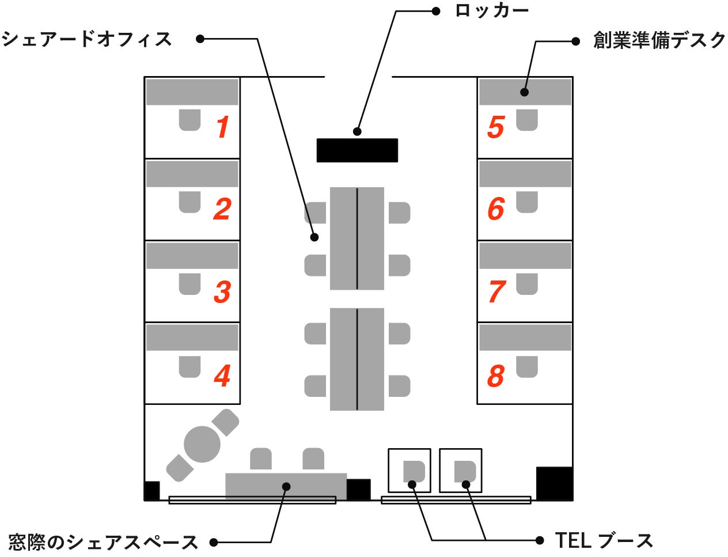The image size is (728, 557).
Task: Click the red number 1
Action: pos(223,127)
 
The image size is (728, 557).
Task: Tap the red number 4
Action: pos(222,376)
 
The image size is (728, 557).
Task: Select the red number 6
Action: pos(496,209)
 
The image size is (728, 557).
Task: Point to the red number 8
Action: pos(496,376)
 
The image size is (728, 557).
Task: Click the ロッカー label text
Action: pos(491,10)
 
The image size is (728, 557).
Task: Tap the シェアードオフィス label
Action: pos(86,39)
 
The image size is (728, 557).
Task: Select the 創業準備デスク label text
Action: pos(659,40)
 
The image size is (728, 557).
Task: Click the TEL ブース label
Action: pos(604,540)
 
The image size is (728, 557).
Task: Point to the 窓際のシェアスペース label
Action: pos(103,542)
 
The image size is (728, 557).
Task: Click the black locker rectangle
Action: pos(357,150)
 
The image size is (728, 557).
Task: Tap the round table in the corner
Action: pos(202,445)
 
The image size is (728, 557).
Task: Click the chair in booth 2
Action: pos(189,202)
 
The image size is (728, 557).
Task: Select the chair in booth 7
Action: pos(526,284)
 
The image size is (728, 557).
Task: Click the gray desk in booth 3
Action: pos(192,256)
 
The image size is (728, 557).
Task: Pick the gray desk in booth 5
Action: pos(525,92)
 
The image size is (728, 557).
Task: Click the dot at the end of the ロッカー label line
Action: pos(436,10)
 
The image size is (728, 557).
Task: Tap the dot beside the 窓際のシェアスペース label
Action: pos(214,542)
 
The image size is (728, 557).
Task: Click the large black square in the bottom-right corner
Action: pos(554,483)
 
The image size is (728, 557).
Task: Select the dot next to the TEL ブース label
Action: pos(540,540)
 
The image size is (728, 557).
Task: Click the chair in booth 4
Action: pos(189,366)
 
